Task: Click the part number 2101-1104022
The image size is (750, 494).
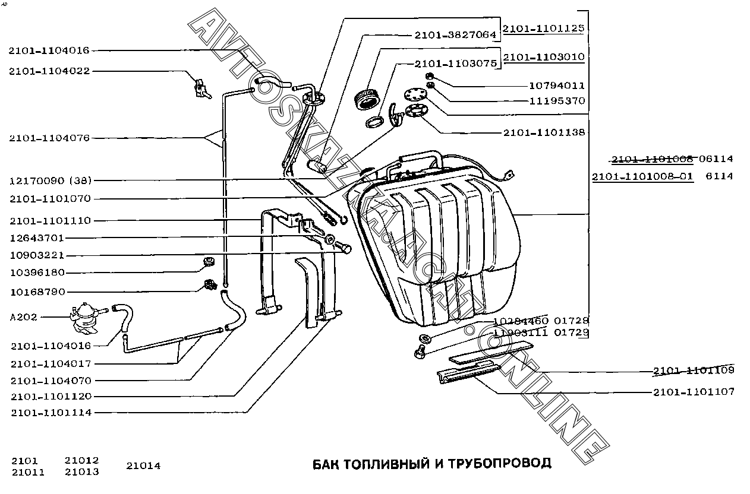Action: pos(49,71)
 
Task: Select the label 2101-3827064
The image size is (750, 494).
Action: pos(453,34)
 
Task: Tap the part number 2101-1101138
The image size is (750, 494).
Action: pos(544,132)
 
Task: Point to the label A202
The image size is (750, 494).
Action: pos(23,317)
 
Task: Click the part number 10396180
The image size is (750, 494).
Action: pos(37,273)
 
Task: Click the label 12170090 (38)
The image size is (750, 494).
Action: pos(50,180)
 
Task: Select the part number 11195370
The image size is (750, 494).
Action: pos(557,101)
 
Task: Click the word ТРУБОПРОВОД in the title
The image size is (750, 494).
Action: pos(500,463)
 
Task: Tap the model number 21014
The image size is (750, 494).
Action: pos(143,466)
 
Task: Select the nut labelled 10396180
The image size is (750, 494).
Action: pos(208,262)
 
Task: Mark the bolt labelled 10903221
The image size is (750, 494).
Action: pos(344,247)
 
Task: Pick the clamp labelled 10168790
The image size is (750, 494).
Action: pos(209,285)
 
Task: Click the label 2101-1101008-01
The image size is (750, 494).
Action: pos(642,176)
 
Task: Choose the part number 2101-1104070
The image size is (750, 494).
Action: pos(51,381)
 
